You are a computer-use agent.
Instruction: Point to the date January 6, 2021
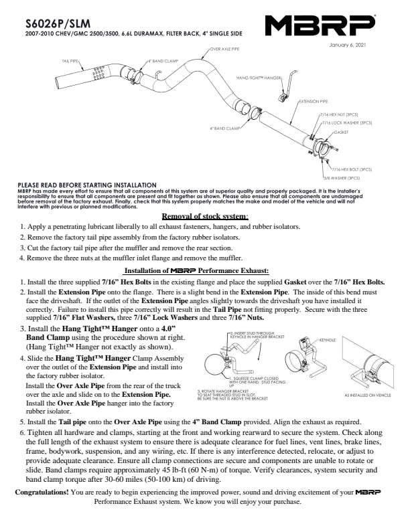pos(348,46)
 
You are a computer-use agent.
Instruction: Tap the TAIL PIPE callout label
pos(70,60)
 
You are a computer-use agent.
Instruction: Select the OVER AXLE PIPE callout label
pos(225,49)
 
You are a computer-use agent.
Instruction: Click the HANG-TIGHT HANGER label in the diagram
pos(259,78)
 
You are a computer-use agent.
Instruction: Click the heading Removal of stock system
pos(205,216)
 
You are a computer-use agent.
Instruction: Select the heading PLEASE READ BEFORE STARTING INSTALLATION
pos(87,185)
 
